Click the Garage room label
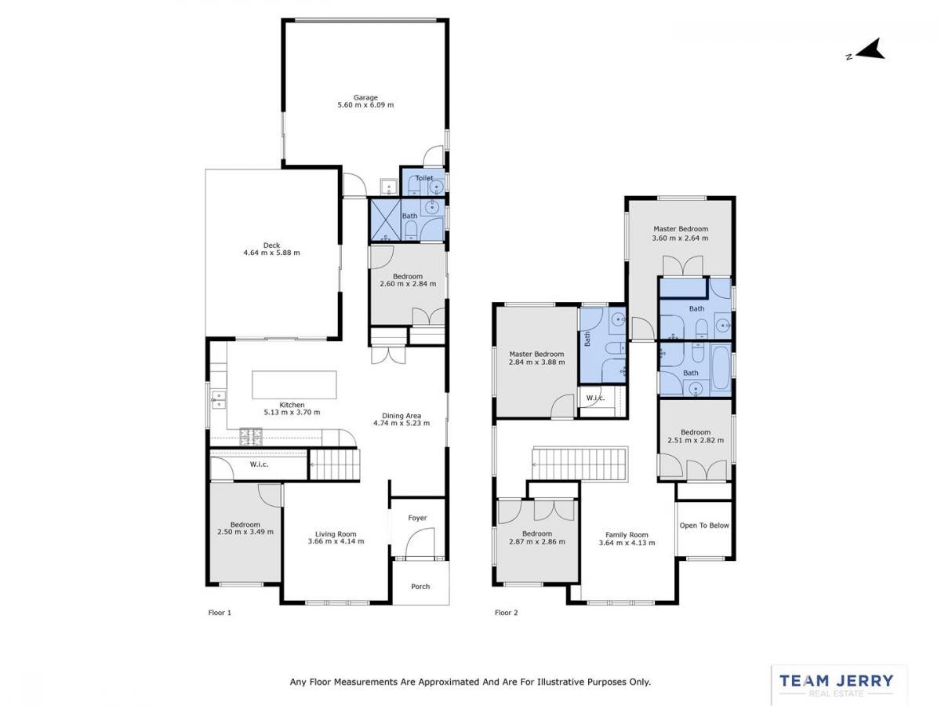(365, 97)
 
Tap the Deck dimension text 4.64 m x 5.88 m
(271, 253)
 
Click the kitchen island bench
(294, 384)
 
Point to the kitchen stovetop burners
(251, 437)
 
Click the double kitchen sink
(218, 399)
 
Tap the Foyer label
(417, 518)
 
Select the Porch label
(420, 587)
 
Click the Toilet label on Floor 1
(424, 178)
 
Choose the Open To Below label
(704, 526)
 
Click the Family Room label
(627, 534)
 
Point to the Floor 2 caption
(506, 613)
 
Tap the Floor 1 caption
(220, 613)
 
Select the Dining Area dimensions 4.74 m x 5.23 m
(401, 423)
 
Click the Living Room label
(336, 534)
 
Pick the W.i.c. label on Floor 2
(595, 398)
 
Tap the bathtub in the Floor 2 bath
(720, 367)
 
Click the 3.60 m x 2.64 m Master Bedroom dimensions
(680, 238)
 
